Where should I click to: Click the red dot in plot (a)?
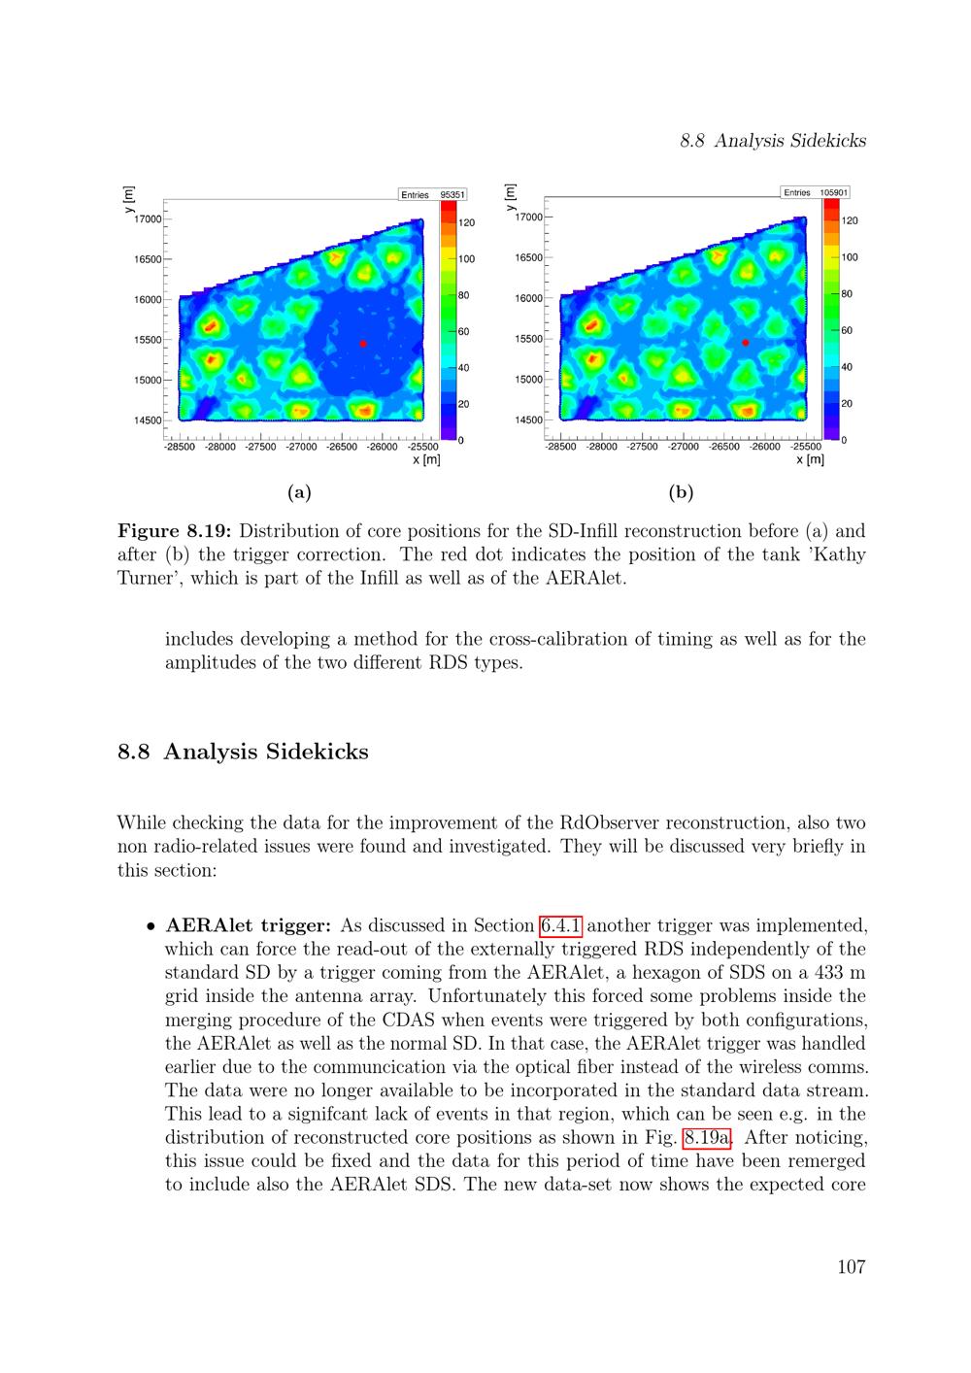(363, 344)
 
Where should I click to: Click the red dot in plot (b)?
(746, 343)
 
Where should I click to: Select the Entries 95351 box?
(433, 195)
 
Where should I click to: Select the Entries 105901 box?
(816, 192)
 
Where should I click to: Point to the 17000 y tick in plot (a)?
(148, 219)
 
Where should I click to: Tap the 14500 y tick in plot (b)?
(529, 420)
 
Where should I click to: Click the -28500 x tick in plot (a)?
(180, 448)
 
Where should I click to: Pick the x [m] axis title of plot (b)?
(810, 459)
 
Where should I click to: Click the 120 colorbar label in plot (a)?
(467, 223)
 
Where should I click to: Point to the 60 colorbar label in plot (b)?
(847, 330)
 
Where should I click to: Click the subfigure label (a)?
(299, 492)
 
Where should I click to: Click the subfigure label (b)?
(681, 492)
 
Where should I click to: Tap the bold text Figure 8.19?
(174, 531)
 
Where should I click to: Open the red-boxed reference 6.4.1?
(560, 925)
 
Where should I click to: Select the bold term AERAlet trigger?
(249, 925)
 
